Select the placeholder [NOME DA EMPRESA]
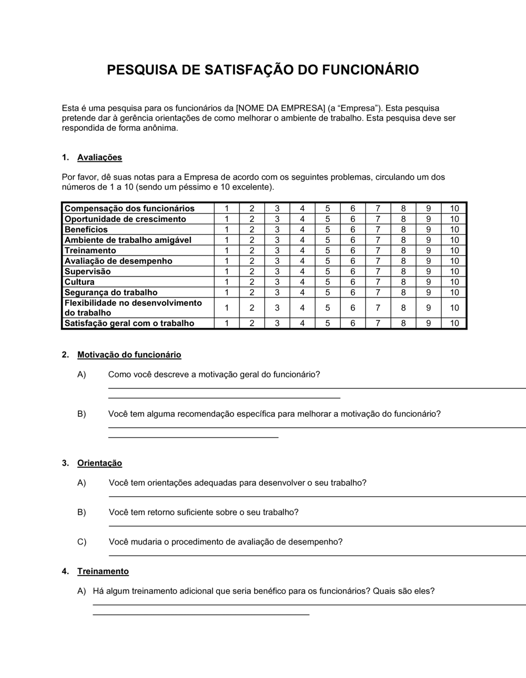coord(280,108)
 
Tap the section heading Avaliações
coord(99,157)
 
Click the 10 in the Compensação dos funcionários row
coord(454,209)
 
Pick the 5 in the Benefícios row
coord(328,230)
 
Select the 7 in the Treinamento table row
coord(378,251)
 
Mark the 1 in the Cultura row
coord(227,282)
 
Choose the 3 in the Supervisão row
coord(277,272)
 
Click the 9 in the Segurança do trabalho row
coord(429,293)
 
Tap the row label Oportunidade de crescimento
coord(125,219)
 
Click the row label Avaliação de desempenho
coord(118,261)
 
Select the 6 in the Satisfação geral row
coord(353,324)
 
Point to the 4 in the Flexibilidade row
coord(302,308)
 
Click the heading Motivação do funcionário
coord(129,355)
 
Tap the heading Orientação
coord(99,463)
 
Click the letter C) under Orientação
coord(82,542)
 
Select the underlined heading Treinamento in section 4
coord(103,571)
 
